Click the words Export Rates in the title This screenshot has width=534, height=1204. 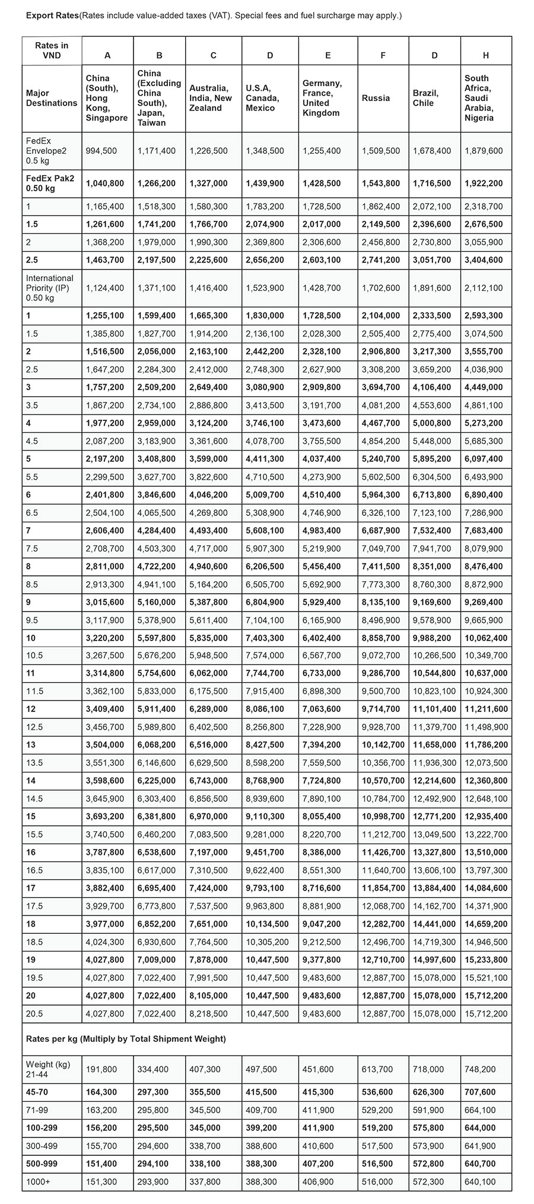coord(52,16)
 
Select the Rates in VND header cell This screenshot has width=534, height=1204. coord(51,50)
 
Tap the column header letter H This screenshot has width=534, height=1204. coord(485,55)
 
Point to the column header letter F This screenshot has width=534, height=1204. coord(383,55)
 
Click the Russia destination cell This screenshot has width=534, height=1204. coord(376,98)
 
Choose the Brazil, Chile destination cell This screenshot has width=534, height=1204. coord(426,98)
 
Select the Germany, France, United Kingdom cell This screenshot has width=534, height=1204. coord(322,98)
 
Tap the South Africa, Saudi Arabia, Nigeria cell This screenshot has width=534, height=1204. coord(479,98)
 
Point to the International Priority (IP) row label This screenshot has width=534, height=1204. coord(50,288)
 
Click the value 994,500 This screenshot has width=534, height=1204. coord(101,151)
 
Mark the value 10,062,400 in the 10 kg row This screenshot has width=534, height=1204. coord(486,638)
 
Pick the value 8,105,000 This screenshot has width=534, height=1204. coord(208,996)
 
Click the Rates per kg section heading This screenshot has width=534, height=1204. coord(126,1039)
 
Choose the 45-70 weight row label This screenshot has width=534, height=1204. coord(38,1092)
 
